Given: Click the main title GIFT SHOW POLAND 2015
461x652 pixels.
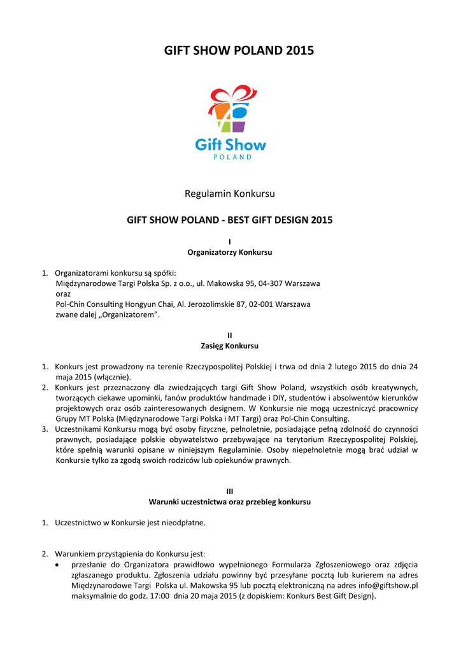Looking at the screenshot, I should [x=230, y=51].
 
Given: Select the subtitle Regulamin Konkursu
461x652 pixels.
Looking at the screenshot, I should [x=229, y=193].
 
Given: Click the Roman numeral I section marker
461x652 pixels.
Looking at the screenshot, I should [x=229, y=241].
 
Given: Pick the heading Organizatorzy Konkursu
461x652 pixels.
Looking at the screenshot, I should [x=229, y=252].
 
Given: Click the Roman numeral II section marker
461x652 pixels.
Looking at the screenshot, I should [x=229, y=335].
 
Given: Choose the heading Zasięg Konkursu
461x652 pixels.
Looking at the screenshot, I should [x=229, y=346].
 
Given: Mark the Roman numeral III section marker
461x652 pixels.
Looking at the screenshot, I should [x=229, y=491].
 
